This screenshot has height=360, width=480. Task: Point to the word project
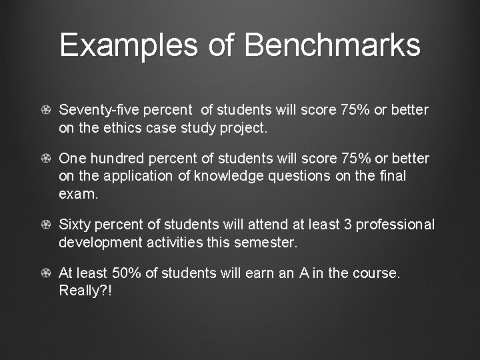(x=244, y=128)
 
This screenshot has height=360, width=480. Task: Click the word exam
(x=77, y=194)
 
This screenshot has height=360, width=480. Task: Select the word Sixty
(x=76, y=225)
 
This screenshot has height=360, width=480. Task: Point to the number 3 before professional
(x=347, y=225)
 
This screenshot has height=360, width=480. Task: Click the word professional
(x=396, y=225)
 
